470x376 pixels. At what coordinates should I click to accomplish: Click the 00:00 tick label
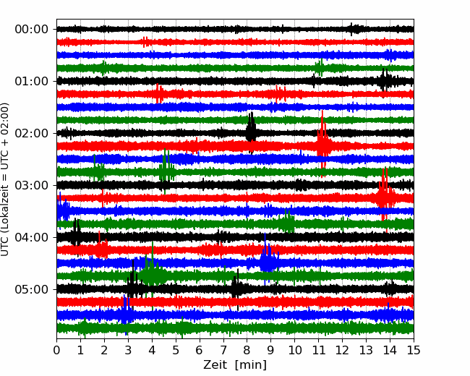tap(31, 30)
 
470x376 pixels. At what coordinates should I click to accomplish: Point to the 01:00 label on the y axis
tap(31, 81)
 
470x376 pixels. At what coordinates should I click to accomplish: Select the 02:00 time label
tap(31, 133)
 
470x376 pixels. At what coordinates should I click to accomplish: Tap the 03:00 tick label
tap(31, 185)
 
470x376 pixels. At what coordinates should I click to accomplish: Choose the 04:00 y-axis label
tap(31, 237)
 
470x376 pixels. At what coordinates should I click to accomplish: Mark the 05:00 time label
tap(31, 289)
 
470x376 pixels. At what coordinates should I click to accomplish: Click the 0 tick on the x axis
tap(56, 350)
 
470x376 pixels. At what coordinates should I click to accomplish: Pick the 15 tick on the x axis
tap(414, 350)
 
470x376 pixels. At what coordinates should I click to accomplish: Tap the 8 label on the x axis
tap(247, 350)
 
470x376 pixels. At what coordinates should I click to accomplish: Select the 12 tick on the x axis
tap(342, 350)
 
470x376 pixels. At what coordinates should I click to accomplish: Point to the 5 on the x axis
tap(176, 350)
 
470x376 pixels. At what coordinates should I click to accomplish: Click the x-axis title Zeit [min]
tap(235, 365)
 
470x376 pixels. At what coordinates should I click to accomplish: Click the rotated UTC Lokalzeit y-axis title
tap(5, 179)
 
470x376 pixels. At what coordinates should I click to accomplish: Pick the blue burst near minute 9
tap(268, 258)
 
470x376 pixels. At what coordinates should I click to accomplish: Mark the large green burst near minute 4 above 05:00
tap(152, 273)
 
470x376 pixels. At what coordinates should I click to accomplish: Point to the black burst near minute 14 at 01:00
tap(385, 80)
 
